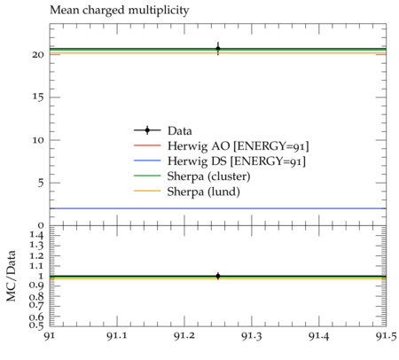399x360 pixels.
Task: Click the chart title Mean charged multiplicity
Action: click(120, 11)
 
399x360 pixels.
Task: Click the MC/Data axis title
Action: click(12, 276)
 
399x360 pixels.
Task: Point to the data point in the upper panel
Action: click(218, 49)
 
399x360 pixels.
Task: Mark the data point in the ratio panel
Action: click(218, 276)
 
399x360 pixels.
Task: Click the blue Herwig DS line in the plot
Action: click(218, 208)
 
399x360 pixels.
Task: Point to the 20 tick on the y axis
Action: click(38, 55)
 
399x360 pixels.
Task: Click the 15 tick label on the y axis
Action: click(38, 98)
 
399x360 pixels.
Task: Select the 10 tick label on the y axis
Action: click(38, 140)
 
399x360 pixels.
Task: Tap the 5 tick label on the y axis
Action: click(41, 183)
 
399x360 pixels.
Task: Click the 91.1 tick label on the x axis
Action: click(117, 336)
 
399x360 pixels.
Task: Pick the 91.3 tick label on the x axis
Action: click(252, 336)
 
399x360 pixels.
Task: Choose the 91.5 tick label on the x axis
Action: click(387, 336)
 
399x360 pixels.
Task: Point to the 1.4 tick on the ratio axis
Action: click(36, 236)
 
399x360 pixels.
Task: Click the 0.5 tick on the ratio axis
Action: click(36, 325)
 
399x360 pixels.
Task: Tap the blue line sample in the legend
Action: click(147, 160)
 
